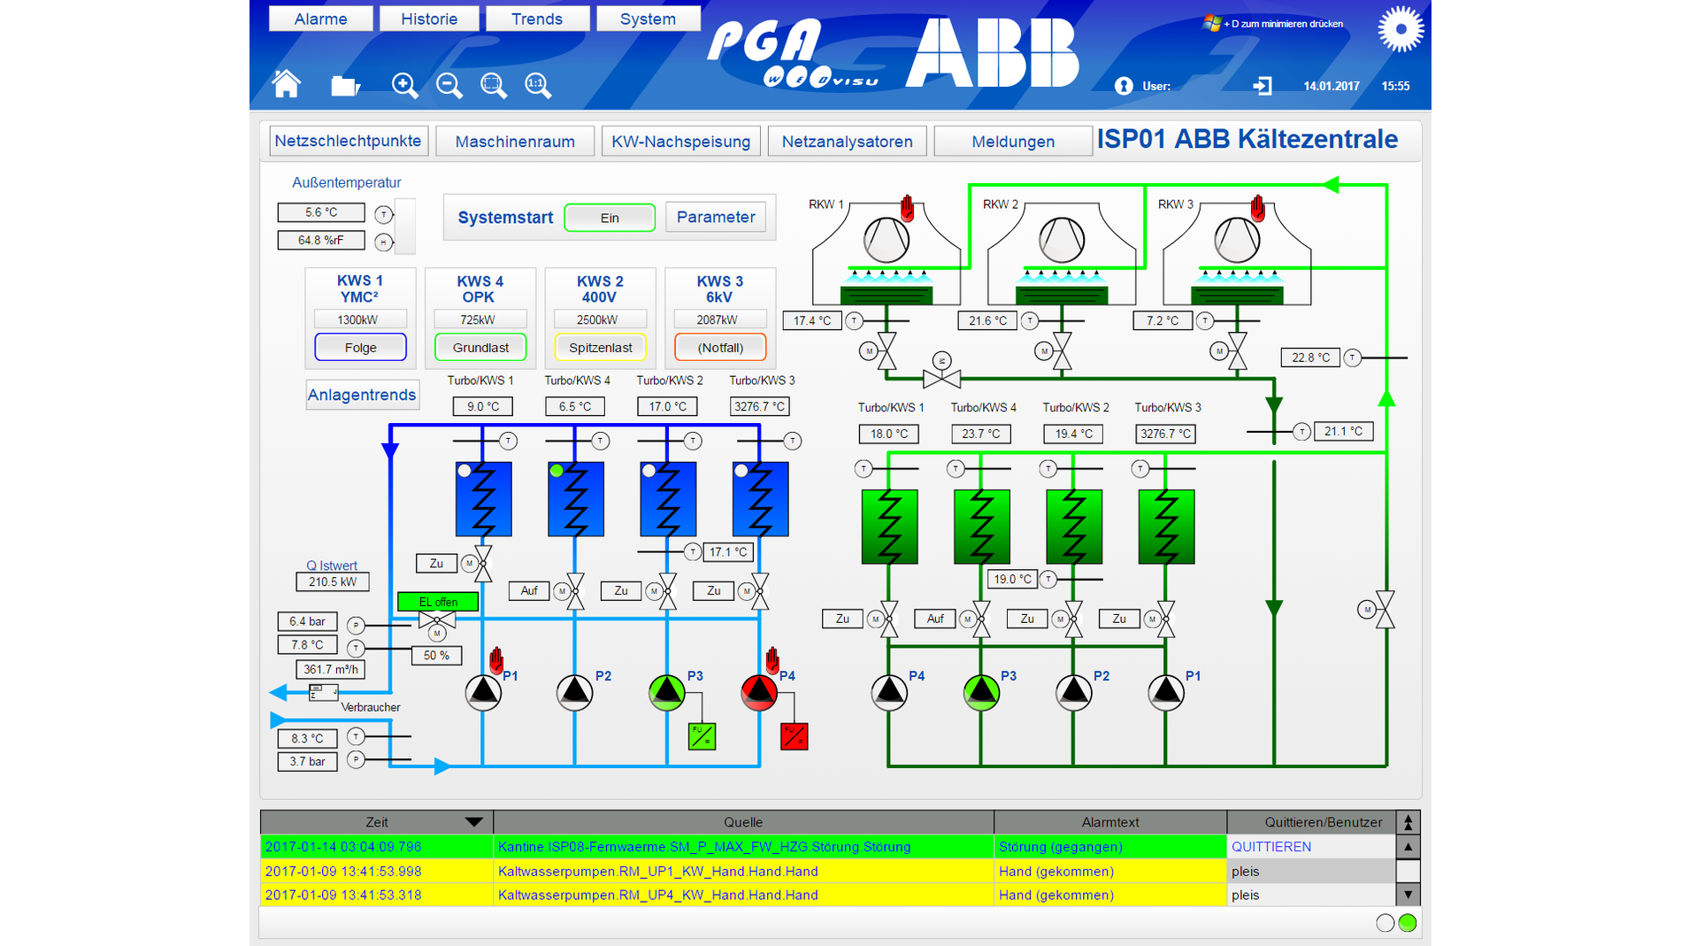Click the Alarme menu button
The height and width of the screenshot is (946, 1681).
(x=320, y=19)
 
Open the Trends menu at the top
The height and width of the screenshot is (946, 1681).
(x=536, y=19)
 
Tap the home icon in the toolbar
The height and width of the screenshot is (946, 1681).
(x=286, y=84)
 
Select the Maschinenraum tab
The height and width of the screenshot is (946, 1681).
(x=514, y=142)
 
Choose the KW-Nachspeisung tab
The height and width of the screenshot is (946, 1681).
(x=680, y=142)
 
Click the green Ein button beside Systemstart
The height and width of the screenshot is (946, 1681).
(x=610, y=218)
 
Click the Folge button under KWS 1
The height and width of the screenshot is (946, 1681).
(x=360, y=348)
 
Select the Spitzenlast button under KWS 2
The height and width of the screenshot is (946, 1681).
(x=600, y=348)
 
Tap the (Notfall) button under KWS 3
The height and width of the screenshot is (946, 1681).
(x=720, y=348)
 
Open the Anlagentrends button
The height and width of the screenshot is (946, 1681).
(x=361, y=395)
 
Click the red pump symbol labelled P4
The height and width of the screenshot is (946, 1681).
(x=759, y=693)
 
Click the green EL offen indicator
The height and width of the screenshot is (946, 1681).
(x=438, y=602)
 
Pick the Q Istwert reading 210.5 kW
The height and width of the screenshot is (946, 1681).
(x=332, y=582)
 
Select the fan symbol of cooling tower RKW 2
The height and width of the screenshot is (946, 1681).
(x=1061, y=239)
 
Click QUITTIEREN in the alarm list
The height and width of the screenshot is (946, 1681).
(x=1270, y=847)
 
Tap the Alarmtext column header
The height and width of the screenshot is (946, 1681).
(x=1109, y=822)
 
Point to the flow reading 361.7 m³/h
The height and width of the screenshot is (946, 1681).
(x=330, y=670)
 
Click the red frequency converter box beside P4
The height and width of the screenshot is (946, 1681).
(x=794, y=736)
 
